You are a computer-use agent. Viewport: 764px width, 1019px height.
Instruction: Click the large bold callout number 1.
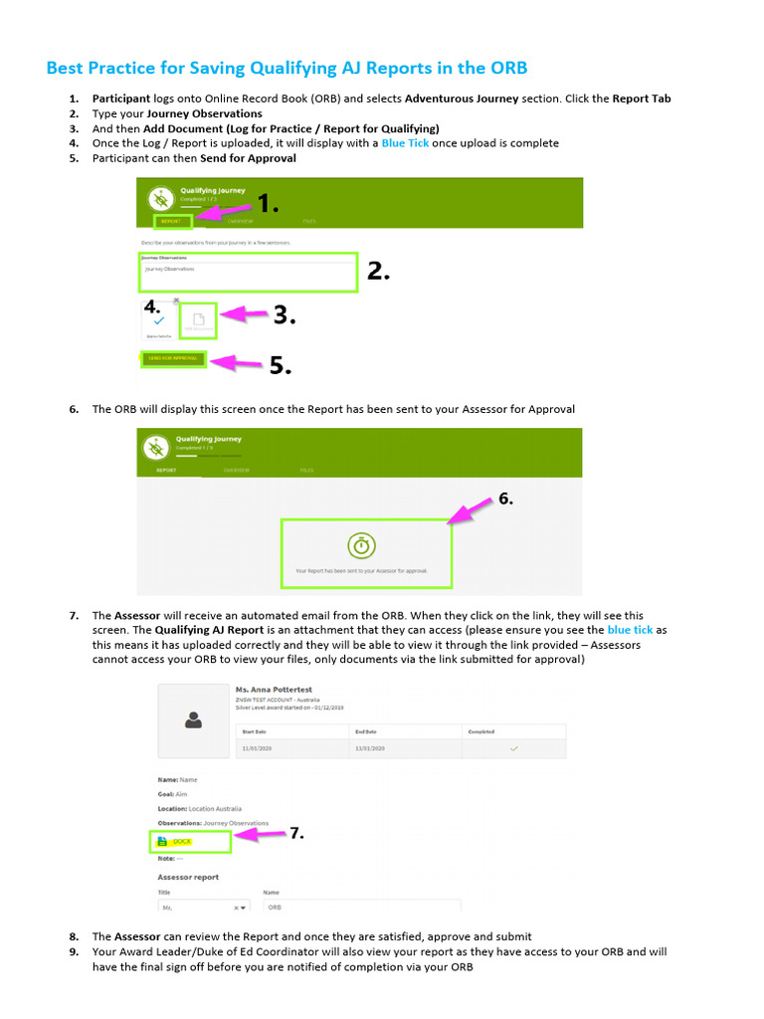coord(268,205)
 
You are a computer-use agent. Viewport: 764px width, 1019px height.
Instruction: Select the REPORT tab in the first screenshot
coord(171,222)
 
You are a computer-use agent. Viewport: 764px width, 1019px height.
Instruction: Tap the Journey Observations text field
coord(247,273)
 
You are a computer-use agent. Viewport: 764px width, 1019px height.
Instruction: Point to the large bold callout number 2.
coord(378,271)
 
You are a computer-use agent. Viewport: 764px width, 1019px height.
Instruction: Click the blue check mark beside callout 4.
coord(158,321)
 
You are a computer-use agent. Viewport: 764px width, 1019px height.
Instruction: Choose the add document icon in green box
coord(198,320)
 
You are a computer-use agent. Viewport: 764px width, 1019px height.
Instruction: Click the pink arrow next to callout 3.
coord(244,315)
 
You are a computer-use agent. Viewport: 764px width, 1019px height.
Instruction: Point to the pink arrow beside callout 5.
coord(236,362)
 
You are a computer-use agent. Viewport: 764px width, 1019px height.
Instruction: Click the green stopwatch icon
coord(361,545)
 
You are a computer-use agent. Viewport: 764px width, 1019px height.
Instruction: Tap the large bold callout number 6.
coord(505,500)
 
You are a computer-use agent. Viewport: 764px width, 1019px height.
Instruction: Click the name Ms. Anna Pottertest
coord(274,688)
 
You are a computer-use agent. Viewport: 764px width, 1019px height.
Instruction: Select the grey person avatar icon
coord(193,719)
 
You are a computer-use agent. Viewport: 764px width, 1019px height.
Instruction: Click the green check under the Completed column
coord(513,747)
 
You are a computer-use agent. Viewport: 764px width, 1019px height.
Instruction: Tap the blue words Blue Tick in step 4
coord(406,143)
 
